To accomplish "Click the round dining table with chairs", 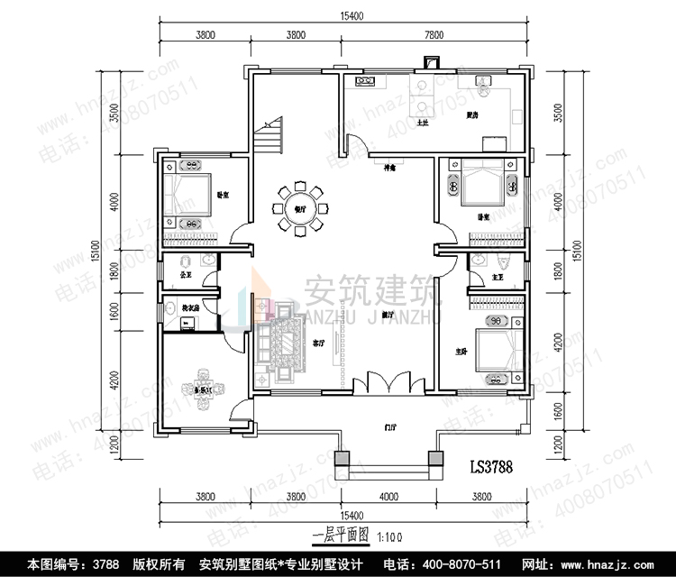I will click(299, 209).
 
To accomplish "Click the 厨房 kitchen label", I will click(471, 115).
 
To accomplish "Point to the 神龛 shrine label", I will click(390, 168).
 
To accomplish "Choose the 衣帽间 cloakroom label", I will click(190, 308).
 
